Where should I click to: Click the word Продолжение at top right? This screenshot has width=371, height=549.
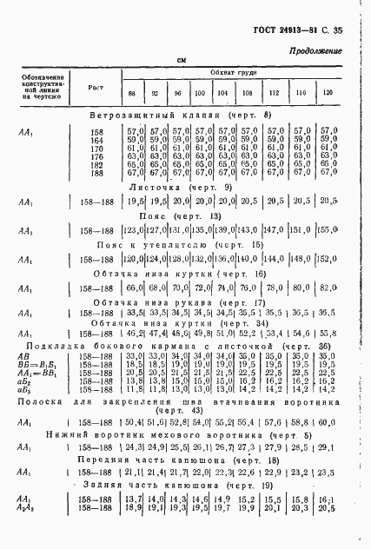315,52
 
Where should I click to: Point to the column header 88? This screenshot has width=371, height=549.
131,93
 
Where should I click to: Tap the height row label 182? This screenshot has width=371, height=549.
97,163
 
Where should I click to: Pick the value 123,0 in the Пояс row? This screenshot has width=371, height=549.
133,229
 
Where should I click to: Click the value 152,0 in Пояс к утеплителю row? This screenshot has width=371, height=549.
328,258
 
